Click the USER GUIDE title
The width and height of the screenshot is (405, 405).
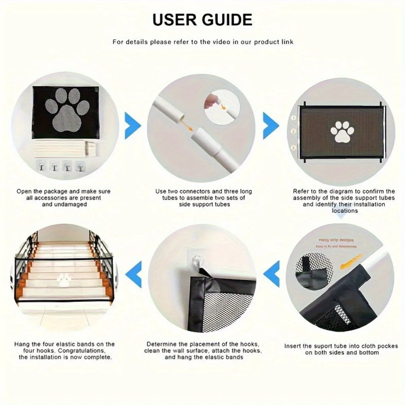pyautogui.click(x=202, y=19)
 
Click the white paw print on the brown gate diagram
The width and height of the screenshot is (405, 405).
pyautogui.click(x=342, y=131)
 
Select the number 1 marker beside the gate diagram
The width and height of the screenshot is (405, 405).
pyautogui.click(x=293, y=117)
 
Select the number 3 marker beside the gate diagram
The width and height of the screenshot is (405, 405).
pyautogui.click(x=293, y=148)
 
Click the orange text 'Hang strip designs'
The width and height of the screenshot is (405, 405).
pyautogui.click(x=336, y=240)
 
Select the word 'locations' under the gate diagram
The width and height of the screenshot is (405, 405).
pyautogui.click(x=344, y=211)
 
